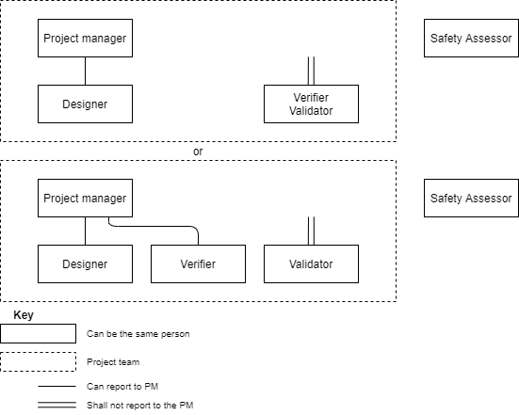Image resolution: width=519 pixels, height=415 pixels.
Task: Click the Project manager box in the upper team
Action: (85, 38)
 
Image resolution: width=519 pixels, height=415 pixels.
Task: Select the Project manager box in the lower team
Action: (85, 198)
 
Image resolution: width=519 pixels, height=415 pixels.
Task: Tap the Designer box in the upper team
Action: (85, 104)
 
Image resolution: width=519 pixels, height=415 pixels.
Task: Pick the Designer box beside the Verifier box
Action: (85, 263)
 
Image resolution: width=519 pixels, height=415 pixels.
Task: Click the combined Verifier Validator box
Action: (311, 104)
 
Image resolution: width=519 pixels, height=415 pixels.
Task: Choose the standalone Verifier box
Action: (198, 263)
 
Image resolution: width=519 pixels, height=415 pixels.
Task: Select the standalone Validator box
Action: (311, 263)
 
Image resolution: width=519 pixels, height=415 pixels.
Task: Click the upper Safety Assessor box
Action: (471, 38)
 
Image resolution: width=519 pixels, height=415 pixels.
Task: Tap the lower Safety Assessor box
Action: (471, 198)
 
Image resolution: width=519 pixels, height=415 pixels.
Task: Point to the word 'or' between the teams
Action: (198, 152)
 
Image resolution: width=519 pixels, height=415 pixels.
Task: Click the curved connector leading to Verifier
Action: (154, 226)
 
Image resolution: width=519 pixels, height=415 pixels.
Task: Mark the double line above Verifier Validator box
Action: (311, 71)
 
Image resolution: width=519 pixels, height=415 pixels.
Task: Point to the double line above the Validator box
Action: (311, 231)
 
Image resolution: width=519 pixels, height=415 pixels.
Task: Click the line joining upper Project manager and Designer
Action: (85, 71)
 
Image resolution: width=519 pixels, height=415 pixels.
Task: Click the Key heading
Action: (24, 315)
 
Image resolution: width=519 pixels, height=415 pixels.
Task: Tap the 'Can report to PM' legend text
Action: (122, 386)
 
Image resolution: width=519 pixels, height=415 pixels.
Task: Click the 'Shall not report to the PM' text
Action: (140, 405)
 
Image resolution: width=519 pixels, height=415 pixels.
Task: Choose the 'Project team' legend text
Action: (113, 362)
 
